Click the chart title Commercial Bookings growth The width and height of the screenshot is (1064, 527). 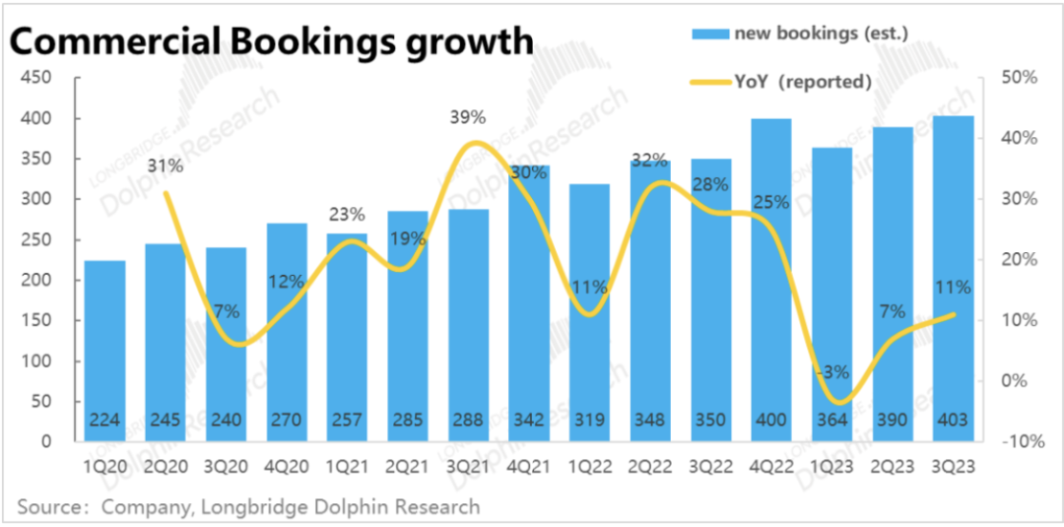point(272,40)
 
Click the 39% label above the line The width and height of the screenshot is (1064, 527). point(467,117)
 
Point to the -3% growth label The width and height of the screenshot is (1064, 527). point(831,371)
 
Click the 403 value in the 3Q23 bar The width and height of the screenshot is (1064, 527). point(953,420)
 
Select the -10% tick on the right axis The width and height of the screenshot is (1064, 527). point(1022,442)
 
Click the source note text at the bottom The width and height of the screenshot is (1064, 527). point(248,507)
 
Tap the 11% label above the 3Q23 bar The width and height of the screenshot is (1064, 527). point(954,288)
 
